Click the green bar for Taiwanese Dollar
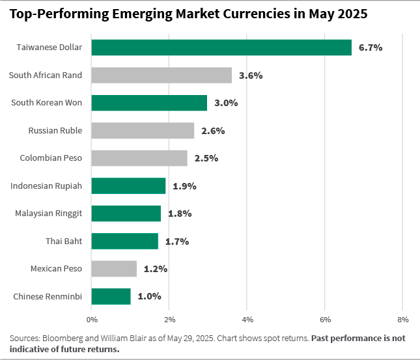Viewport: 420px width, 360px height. coord(221,48)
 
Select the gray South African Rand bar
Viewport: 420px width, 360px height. coord(161,75)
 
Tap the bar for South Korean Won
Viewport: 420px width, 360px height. coord(149,103)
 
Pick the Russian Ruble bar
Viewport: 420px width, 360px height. coord(143,130)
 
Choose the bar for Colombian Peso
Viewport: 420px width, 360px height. coord(139,158)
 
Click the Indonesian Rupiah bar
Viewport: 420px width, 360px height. coord(128,186)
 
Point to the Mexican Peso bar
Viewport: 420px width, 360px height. coord(114,269)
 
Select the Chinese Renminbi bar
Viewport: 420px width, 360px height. coord(111,296)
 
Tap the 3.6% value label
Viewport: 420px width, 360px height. coord(251,76)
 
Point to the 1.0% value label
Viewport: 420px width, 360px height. coord(149,297)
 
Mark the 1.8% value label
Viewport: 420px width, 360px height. coord(180,214)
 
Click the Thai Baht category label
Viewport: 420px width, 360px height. coord(64,241)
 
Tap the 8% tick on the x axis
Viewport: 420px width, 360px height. coord(402,320)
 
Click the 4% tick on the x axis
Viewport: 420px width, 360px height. coord(247,320)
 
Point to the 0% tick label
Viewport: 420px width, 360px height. coord(92,320)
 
